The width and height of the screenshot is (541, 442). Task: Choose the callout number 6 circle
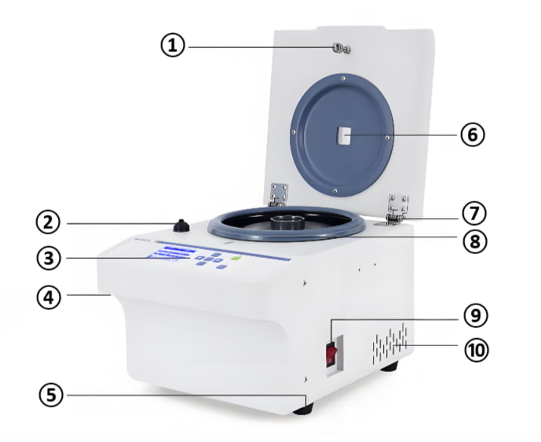click(x=472, y=134)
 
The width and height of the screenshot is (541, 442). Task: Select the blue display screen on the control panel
click(x=170, y=254)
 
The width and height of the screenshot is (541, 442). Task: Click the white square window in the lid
click(x=344, y=137)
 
